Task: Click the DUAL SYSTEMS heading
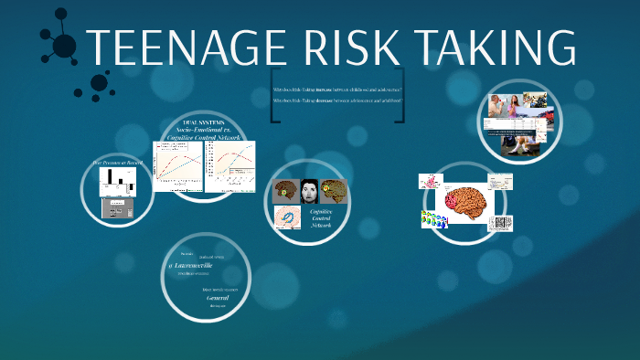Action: [203, 122]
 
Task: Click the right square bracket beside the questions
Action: [399, 95]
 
